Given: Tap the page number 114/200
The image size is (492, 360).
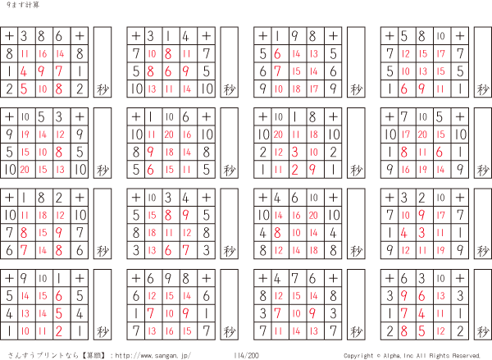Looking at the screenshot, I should click(x=246, y=355).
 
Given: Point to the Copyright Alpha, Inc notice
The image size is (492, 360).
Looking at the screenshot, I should click(x=412, y=355).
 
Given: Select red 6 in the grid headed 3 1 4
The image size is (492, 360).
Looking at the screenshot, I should click(x=171, y=71).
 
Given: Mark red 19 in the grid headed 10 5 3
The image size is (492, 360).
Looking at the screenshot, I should click(x=25, y=134).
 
